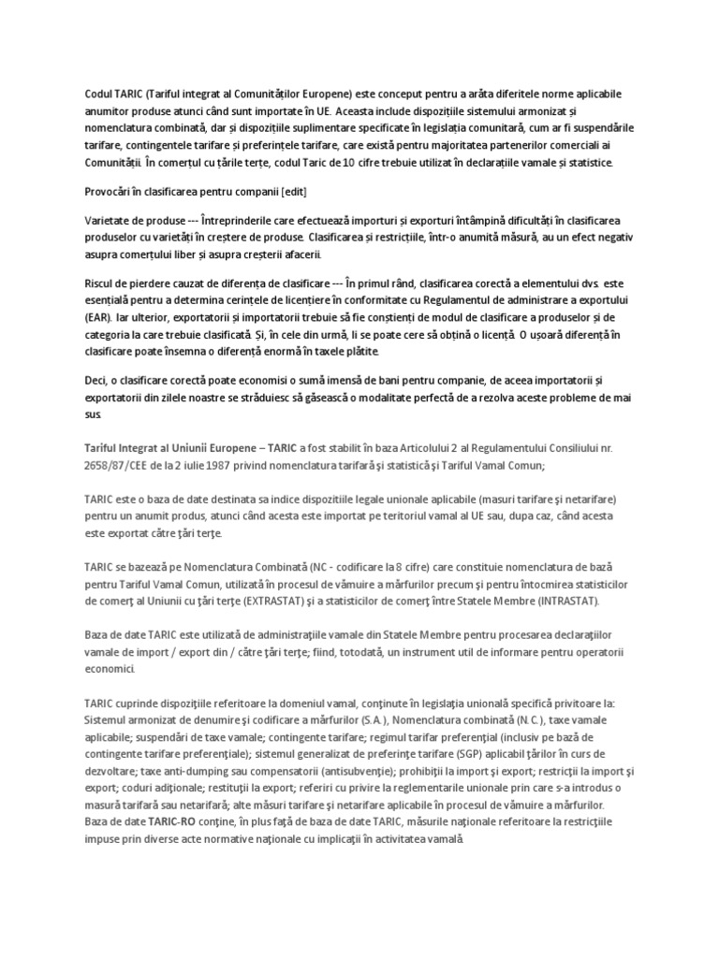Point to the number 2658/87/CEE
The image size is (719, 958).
click(113, 464)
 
